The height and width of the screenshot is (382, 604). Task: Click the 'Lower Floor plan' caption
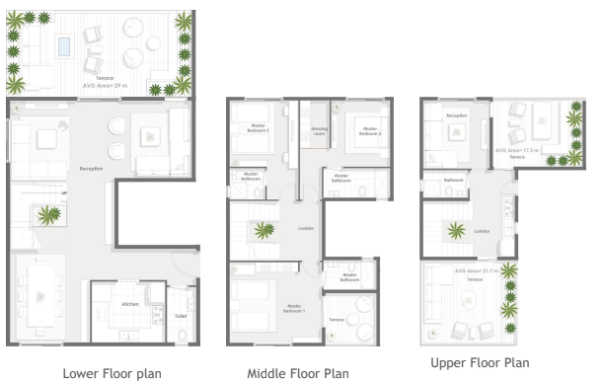pyautogui.click(x=101, y=373)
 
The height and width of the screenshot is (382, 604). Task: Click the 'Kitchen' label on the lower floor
pyautogui.click(x=130, y=305)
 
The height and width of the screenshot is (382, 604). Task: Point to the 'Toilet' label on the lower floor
pyautogui.click(x=180, y=317)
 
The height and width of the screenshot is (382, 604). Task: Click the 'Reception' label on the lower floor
pyautogui.click(x=91, y=170)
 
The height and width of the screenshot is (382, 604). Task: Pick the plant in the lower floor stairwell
pyautogui.click(x=46, y=214)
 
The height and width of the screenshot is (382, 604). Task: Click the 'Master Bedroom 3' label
pyautogui.click(x=370, y=129)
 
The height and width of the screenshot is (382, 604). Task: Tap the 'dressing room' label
pyautogui.click(x=320, y=129)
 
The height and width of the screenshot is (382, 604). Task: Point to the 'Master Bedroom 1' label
pyautogui.click(x=293, y=308)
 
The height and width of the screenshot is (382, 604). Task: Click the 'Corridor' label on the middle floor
pyautogui.click(x=305, y=228)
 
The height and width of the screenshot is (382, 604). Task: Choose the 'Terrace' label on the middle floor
pyautogui.click(x=337, y=319)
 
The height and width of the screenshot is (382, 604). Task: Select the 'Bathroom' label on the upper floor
pyautogui.click(x=453, y=181)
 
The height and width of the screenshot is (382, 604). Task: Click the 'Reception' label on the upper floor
pyautogui.click(x=456, y=115)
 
